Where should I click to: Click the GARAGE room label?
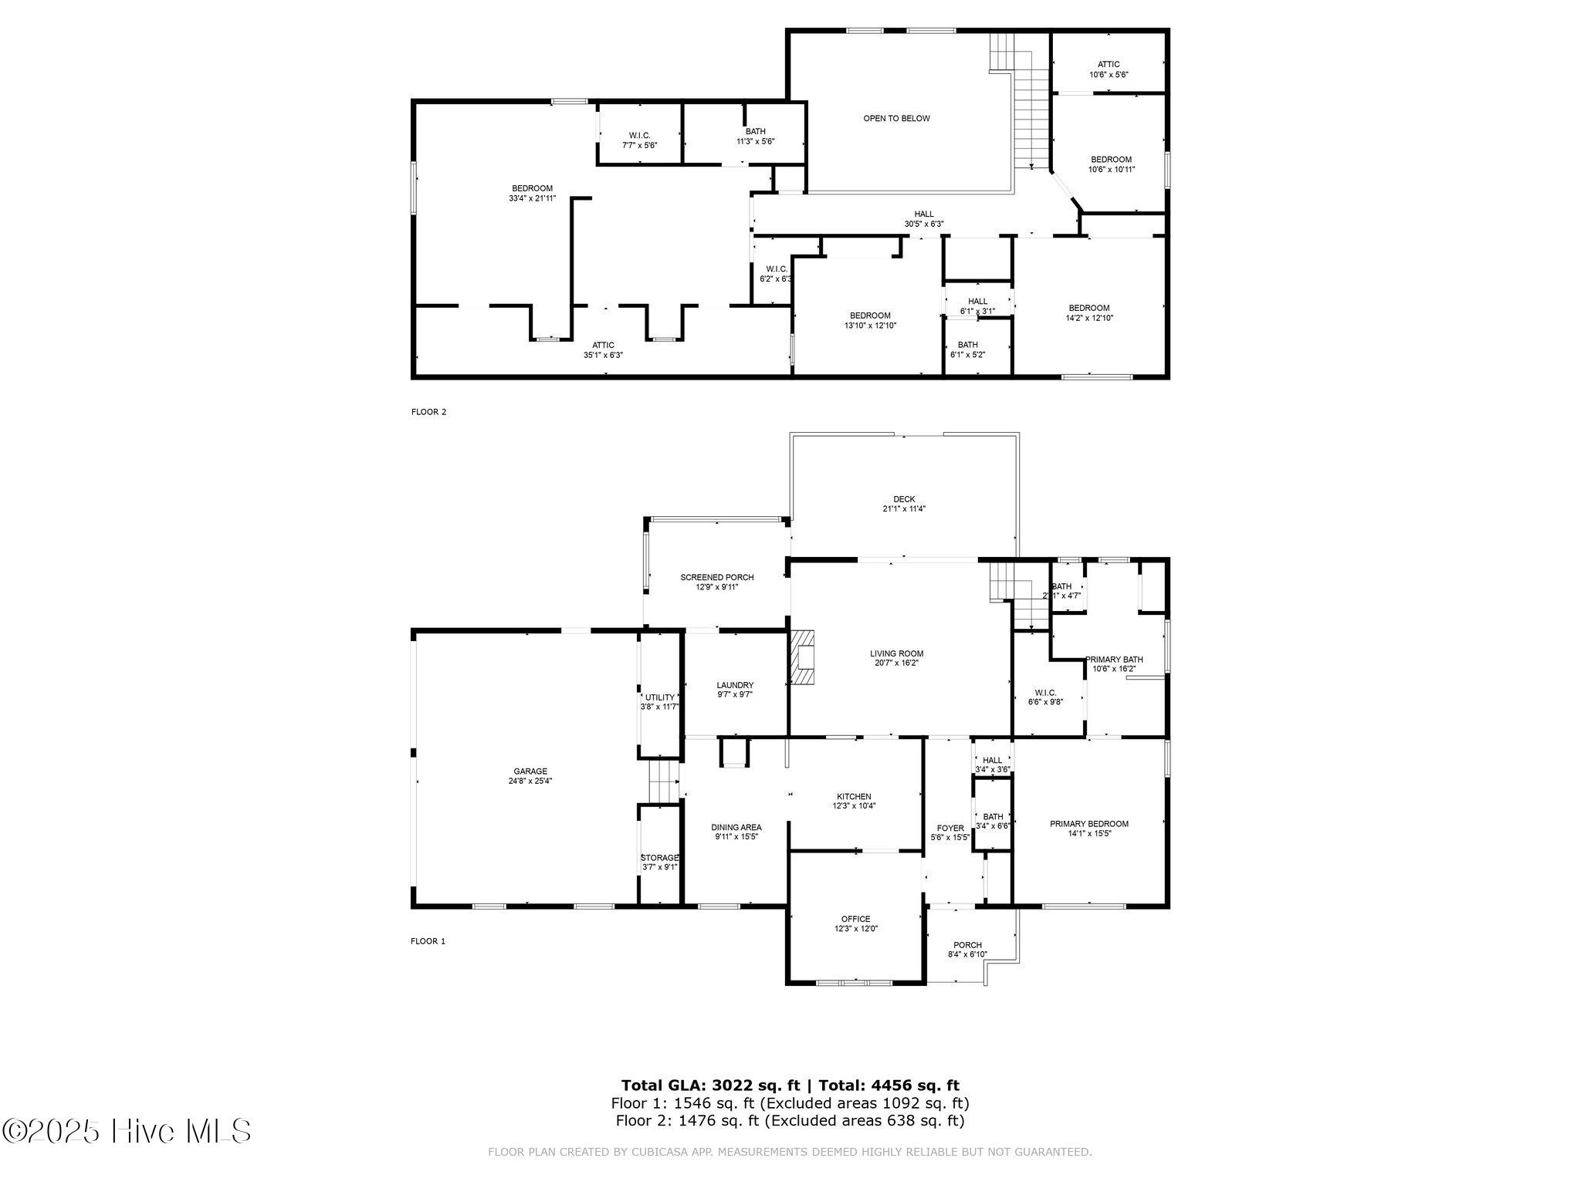coord(530,771)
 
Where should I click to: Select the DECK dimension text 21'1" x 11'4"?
coord(904,509)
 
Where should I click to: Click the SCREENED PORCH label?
coord(716,577)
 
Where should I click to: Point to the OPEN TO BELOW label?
coord(896,119)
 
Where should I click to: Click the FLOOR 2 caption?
coord(428,412)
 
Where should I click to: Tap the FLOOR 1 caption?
coord(428,941)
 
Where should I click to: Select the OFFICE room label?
coord(855,919)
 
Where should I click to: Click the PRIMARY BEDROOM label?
coord(1088,824)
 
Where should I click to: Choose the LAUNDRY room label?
coord(734,685)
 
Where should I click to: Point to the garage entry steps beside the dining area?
coord(663,781)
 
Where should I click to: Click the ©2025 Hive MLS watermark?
coord(127,1132)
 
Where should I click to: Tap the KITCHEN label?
coord(854,797)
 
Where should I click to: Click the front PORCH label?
coord(967,945)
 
